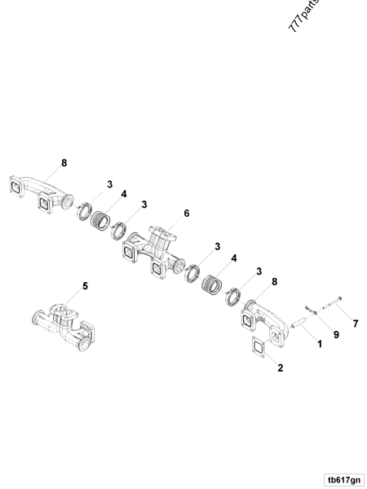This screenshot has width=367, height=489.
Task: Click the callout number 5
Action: (84, 286)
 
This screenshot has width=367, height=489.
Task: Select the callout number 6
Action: (186, 214)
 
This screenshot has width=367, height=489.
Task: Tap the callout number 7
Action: (355, 324)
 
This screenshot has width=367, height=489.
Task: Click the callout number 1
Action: (320, 344)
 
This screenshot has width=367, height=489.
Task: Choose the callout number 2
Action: (280, 368)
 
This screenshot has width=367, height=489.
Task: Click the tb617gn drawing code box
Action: (343, 479)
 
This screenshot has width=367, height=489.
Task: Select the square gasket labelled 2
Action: (257, 349)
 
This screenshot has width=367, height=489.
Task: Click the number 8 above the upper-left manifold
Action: (64, 162)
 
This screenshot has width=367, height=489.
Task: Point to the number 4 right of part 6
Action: (234, 258)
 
